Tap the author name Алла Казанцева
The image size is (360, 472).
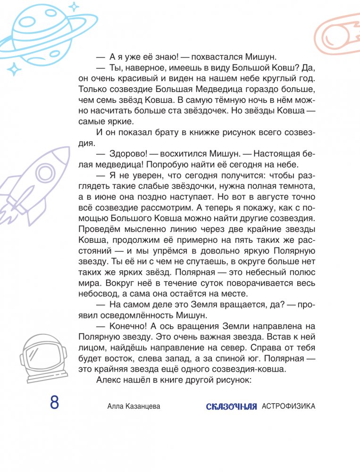pos(134,406)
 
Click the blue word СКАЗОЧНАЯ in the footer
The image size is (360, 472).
pos(231,406)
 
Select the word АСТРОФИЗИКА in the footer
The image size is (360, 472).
pos(288,406)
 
